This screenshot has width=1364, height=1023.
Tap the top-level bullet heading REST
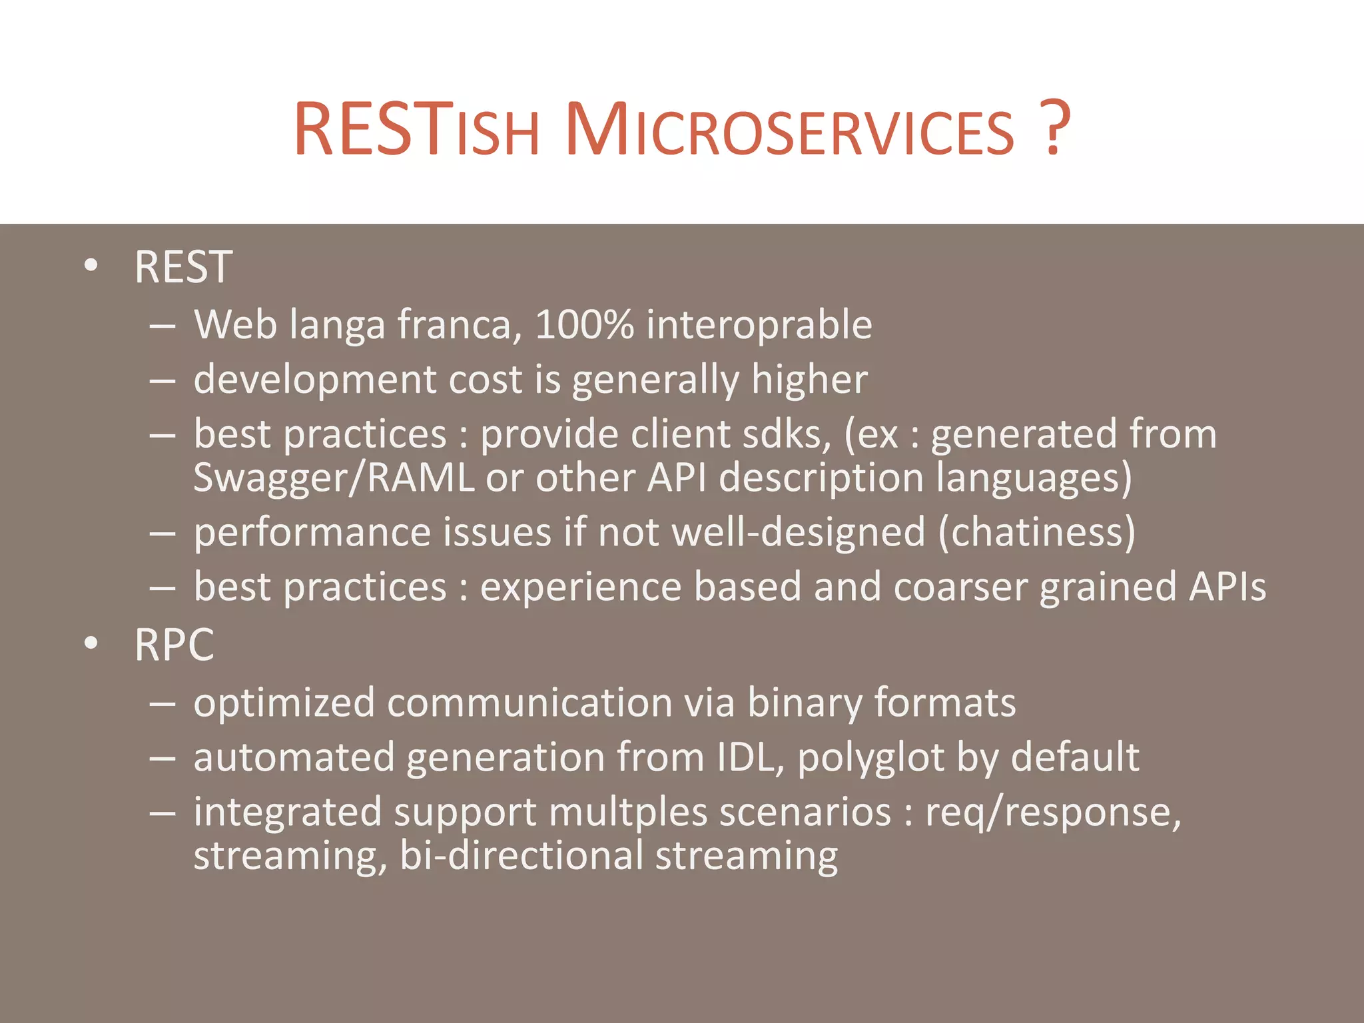pyautogui.click(x=183, y=267)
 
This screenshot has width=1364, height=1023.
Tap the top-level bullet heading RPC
pyautogui.click(x=174, y=645)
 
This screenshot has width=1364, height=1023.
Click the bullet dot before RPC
pyautogui.click(x=91, y=644)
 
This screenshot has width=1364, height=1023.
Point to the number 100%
pyautogui.click(x=584, y=324)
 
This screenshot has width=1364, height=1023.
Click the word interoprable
pyautogui.click(x=759, y=324)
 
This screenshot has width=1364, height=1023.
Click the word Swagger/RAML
pyautogui.click(x=334, y=478)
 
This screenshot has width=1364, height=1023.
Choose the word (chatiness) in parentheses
pyautogui.click(x=1036, y=532)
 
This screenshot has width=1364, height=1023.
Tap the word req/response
pyautogui.click(x=1052, y=813)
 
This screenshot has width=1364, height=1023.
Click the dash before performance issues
pyautogui.click(x=163, y=533)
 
